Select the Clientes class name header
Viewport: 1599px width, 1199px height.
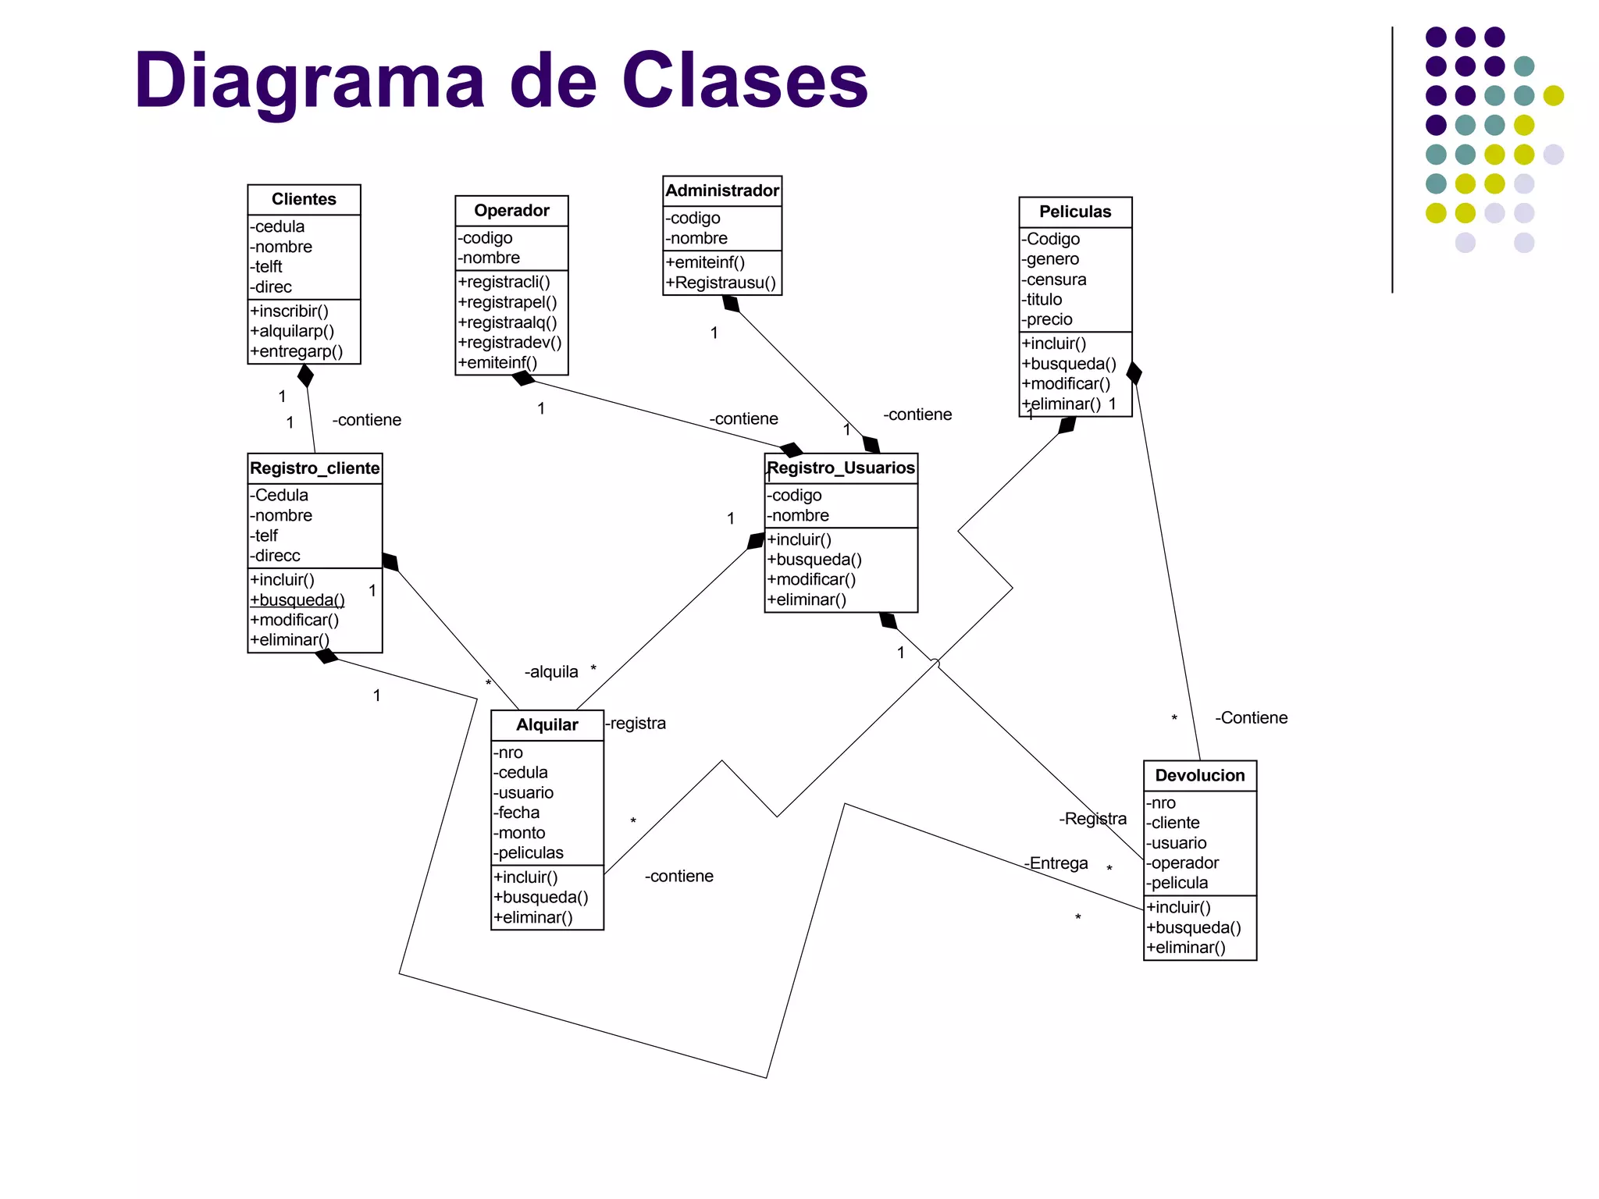click(304, 199)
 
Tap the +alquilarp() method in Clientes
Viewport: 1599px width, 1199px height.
click(292, 331)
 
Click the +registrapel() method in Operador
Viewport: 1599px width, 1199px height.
click(507, 302)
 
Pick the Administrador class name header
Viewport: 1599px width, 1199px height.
click(722, 190)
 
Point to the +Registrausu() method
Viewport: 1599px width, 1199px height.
click(721, 283)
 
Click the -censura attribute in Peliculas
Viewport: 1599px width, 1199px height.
click(1054, 279)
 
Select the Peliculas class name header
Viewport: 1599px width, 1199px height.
click(1075, 212)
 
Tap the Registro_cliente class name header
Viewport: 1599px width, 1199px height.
click(315, 468)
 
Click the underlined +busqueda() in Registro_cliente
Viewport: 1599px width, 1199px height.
click(297, 599)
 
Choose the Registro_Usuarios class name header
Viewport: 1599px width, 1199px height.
click(841, 468)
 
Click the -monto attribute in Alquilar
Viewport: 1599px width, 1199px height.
click(519, 833)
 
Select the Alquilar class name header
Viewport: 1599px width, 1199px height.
click(547, 724)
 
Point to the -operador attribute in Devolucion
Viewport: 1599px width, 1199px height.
click(1182, 863)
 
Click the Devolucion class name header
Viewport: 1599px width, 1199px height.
click(1200, 775)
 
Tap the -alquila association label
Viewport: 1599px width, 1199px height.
click(551, 672)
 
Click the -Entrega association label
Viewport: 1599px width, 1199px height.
click(1056, 863)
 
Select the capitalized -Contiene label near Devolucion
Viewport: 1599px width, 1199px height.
click(1251, 718)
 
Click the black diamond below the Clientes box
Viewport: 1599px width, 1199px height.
click(306, 375)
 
